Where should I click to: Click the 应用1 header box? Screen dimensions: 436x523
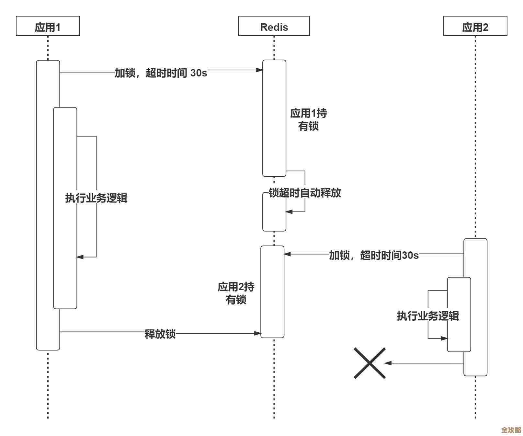point(48,26)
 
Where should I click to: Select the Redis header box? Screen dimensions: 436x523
point(274,26)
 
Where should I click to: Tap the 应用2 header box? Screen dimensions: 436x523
point(475,26)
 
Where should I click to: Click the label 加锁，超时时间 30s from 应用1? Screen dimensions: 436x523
point(161,73)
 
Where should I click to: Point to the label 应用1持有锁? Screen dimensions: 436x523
point(308,120)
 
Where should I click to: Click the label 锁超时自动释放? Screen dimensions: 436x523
point(305,193)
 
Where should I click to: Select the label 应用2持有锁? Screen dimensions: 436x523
point(236,293)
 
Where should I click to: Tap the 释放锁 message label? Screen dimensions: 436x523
point(160,334)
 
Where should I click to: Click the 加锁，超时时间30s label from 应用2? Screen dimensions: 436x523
point(374,255)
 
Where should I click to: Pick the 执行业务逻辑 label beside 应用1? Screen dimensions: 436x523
point(96,198)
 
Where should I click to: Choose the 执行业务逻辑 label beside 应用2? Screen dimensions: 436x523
point(428,316)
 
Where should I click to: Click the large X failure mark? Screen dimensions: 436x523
point(370,363)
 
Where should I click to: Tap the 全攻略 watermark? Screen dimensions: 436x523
point(511,430)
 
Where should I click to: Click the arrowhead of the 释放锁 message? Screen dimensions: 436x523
point(258,333)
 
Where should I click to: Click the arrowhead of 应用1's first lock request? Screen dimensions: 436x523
point(259,70)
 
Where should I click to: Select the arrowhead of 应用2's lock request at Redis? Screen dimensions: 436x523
point(287,254)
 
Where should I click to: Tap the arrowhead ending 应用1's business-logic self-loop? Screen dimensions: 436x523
point(80,257)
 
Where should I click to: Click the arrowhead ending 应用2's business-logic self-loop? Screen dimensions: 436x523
point(444,338)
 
